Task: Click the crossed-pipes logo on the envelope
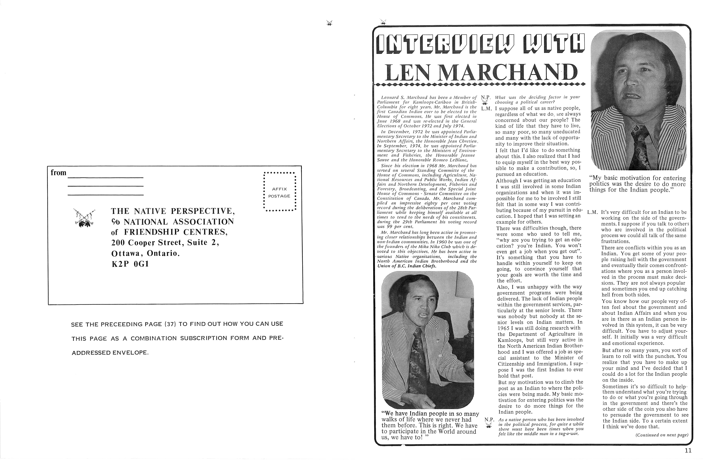pyautogui.click(x=84, y=217)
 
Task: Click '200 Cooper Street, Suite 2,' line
pyautogui.click(x=165, y=243)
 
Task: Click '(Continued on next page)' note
pyautogui.click(x=662, y=435)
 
